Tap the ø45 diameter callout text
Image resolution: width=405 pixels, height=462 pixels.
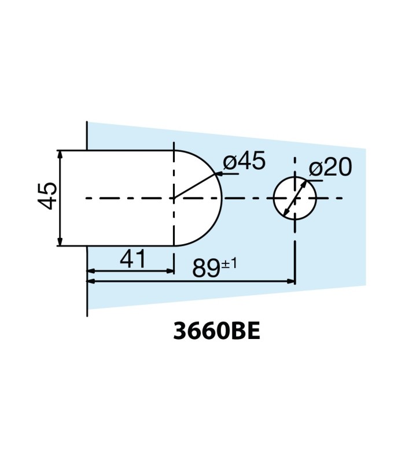click(244, 162)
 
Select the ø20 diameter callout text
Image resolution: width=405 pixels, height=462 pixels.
click(330, 168)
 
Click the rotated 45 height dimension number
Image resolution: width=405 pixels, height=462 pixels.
click(47, 196)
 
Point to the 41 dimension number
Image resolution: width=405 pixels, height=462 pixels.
click(133, 259)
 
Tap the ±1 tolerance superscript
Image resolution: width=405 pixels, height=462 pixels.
click(229, 263)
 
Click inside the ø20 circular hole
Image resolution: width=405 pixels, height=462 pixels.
click(294, 198)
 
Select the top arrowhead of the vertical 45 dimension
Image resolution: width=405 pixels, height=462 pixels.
click(60, 154)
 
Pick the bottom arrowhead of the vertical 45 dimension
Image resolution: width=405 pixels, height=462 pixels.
click(60, 242)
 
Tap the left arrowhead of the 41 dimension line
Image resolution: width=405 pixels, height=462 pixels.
click(91, 270)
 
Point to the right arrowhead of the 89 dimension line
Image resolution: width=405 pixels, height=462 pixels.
click(291, 281)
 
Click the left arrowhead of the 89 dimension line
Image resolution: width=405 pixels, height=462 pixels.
click(91, 281)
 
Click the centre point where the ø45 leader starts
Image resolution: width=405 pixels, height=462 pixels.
click(174, 198)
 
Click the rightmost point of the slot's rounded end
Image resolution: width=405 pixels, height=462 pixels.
click(222, 198)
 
